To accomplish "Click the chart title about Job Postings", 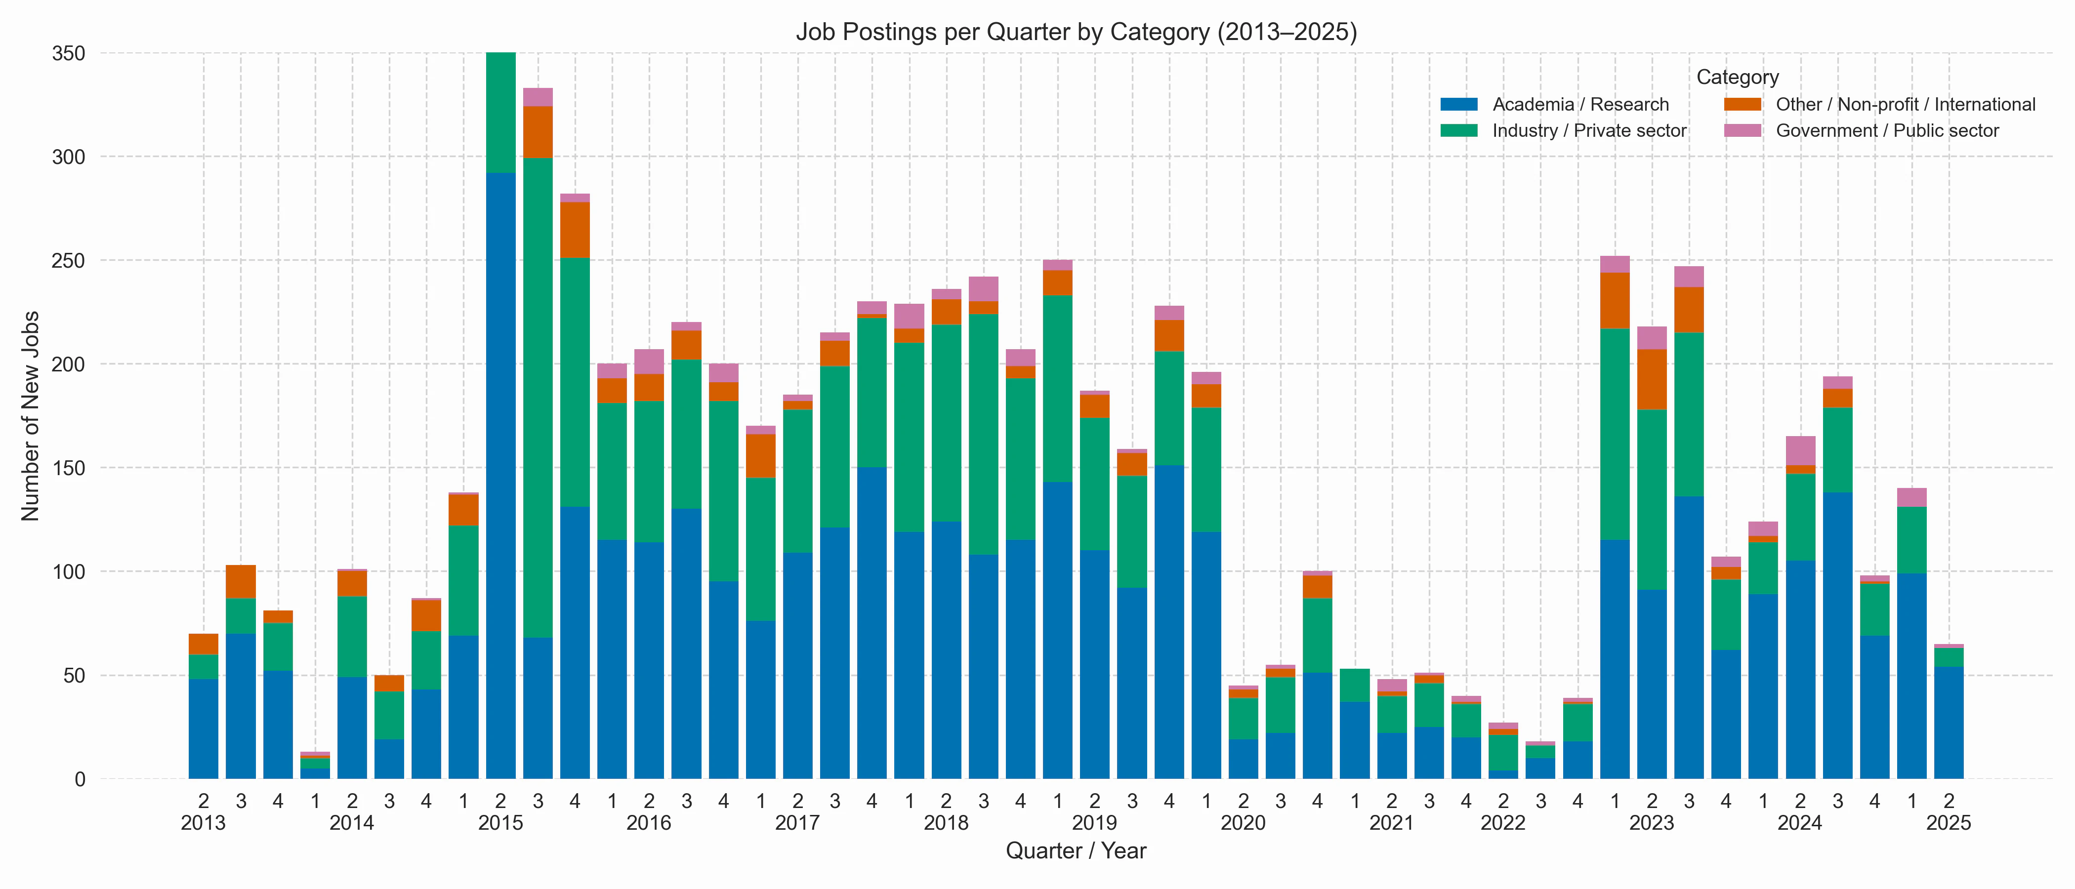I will pyautogui.click(x=1076, y=32).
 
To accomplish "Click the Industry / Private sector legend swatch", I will pyautogui.click(x=1459, y=130).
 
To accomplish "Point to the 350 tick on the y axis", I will pyautogui.click(x=69, y=54).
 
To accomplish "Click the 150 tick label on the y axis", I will pyautogui.click(x=69, y=468).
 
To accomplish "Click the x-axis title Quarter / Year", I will pyautogui.click(x=1076, y=851).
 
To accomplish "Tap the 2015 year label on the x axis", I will pyautogui.click(x=500, y=823).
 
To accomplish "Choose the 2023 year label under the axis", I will pyautogui.click(x=1651, y=823).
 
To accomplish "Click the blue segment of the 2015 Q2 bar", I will pyautogui.click(x=500, y=475).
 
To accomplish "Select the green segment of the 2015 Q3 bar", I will pyautogui.click(x=538, y=398).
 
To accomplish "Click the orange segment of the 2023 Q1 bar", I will pyautogui.click(x=1614, y=300).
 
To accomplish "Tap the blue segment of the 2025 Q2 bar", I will pyautogui.click(x=1949, y=722).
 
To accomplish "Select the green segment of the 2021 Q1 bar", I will pyautogui.click(x=1355, y=686).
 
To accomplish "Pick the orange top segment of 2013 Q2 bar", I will pyautogui.click(x=203, y=644).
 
